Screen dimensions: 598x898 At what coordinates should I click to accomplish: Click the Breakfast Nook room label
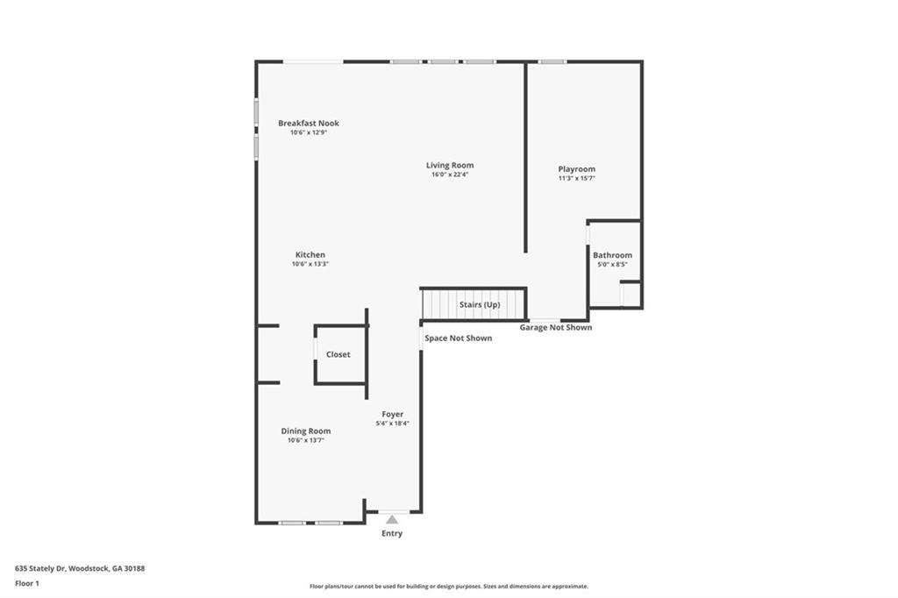(x=308, y=124)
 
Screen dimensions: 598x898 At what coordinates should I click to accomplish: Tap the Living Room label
(x=450, y=165)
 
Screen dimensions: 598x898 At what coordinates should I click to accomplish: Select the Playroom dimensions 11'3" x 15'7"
(x=576, y=178)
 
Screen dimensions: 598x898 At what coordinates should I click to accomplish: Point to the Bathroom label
(x=612, y=255)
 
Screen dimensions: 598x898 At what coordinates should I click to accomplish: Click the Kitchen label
(x=310, y=255)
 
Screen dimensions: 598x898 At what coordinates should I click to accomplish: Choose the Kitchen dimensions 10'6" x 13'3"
(x=310, y=264)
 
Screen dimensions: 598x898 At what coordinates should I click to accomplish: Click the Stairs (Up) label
(x=479, y=304)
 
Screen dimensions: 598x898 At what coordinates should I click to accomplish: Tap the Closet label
(x=338, y=354)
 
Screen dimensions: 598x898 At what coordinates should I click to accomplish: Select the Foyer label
(x=392, y=414)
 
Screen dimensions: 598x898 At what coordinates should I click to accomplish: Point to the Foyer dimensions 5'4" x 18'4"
(x=392, y=424)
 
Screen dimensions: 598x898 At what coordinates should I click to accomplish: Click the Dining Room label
(x=305, y=431)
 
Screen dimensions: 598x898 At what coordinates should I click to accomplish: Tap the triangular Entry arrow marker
(x=392, y=519)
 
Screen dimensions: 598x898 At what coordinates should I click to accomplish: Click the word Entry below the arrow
(x=392, y=533)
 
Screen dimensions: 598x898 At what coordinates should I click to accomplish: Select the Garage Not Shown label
(x=555, y=328)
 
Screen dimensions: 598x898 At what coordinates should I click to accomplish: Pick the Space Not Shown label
(x=458, y=338)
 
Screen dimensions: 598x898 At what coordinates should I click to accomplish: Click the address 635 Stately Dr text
(x=80, y=568)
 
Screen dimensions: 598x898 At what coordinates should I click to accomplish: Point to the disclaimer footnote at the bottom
(x=448, y=587)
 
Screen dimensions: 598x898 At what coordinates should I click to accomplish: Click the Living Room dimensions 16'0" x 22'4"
(x=450, y=174)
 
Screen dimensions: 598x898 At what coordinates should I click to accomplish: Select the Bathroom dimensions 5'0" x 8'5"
(x=612, y=264)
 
